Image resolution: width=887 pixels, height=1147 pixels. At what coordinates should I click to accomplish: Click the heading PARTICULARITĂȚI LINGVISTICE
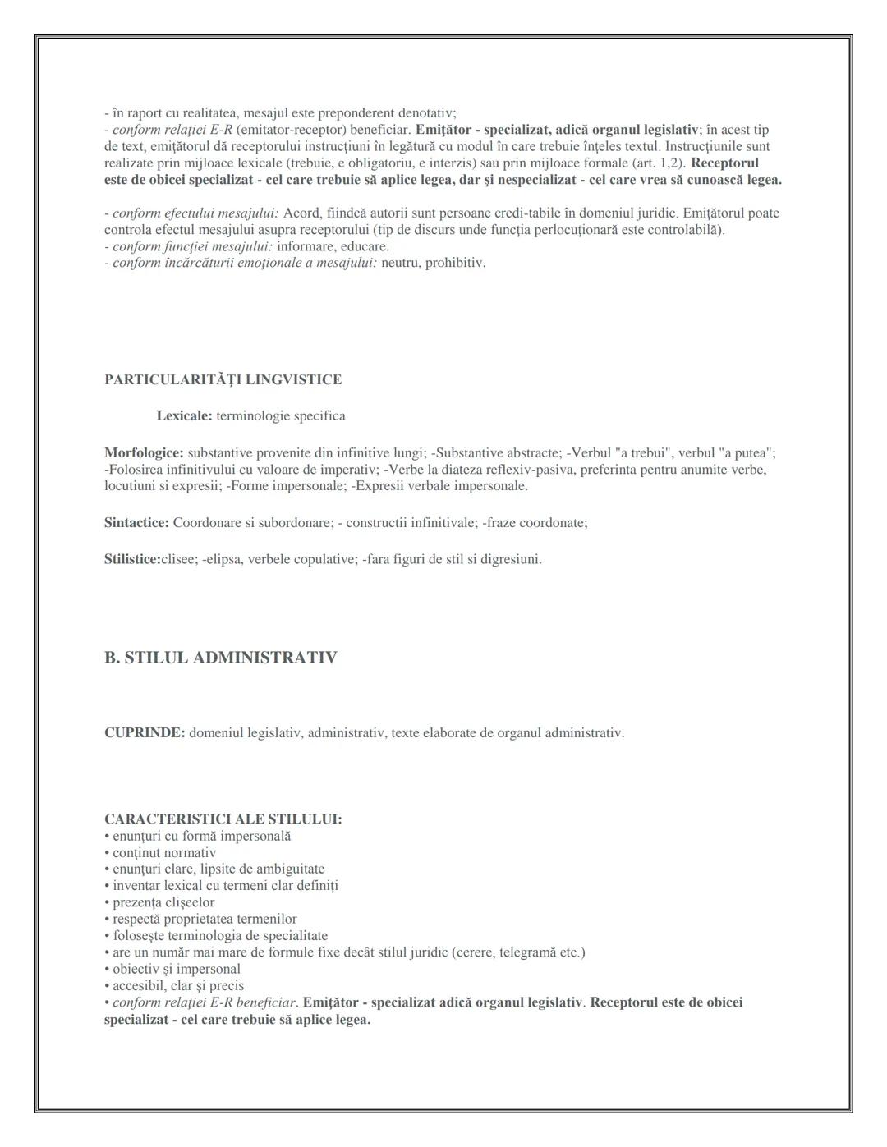tap(223, 379)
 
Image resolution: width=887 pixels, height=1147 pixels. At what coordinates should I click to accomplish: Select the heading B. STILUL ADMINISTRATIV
tap(220, 658)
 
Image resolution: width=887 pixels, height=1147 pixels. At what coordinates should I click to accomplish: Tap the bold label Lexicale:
tap(184, 415)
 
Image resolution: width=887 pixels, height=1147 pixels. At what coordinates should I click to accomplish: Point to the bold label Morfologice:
tap(144, 452)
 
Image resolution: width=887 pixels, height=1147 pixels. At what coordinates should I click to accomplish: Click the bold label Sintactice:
tap(136, 522)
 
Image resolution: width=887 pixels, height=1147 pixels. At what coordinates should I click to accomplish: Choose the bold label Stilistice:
tap(132, 559)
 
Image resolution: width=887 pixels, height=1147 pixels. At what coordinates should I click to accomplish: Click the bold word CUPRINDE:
tap(145, 732)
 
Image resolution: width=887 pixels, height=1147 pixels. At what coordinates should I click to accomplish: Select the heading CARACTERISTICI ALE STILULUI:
tap(223, 819)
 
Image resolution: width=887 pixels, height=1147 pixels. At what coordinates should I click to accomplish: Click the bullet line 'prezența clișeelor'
tap(163, 902)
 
